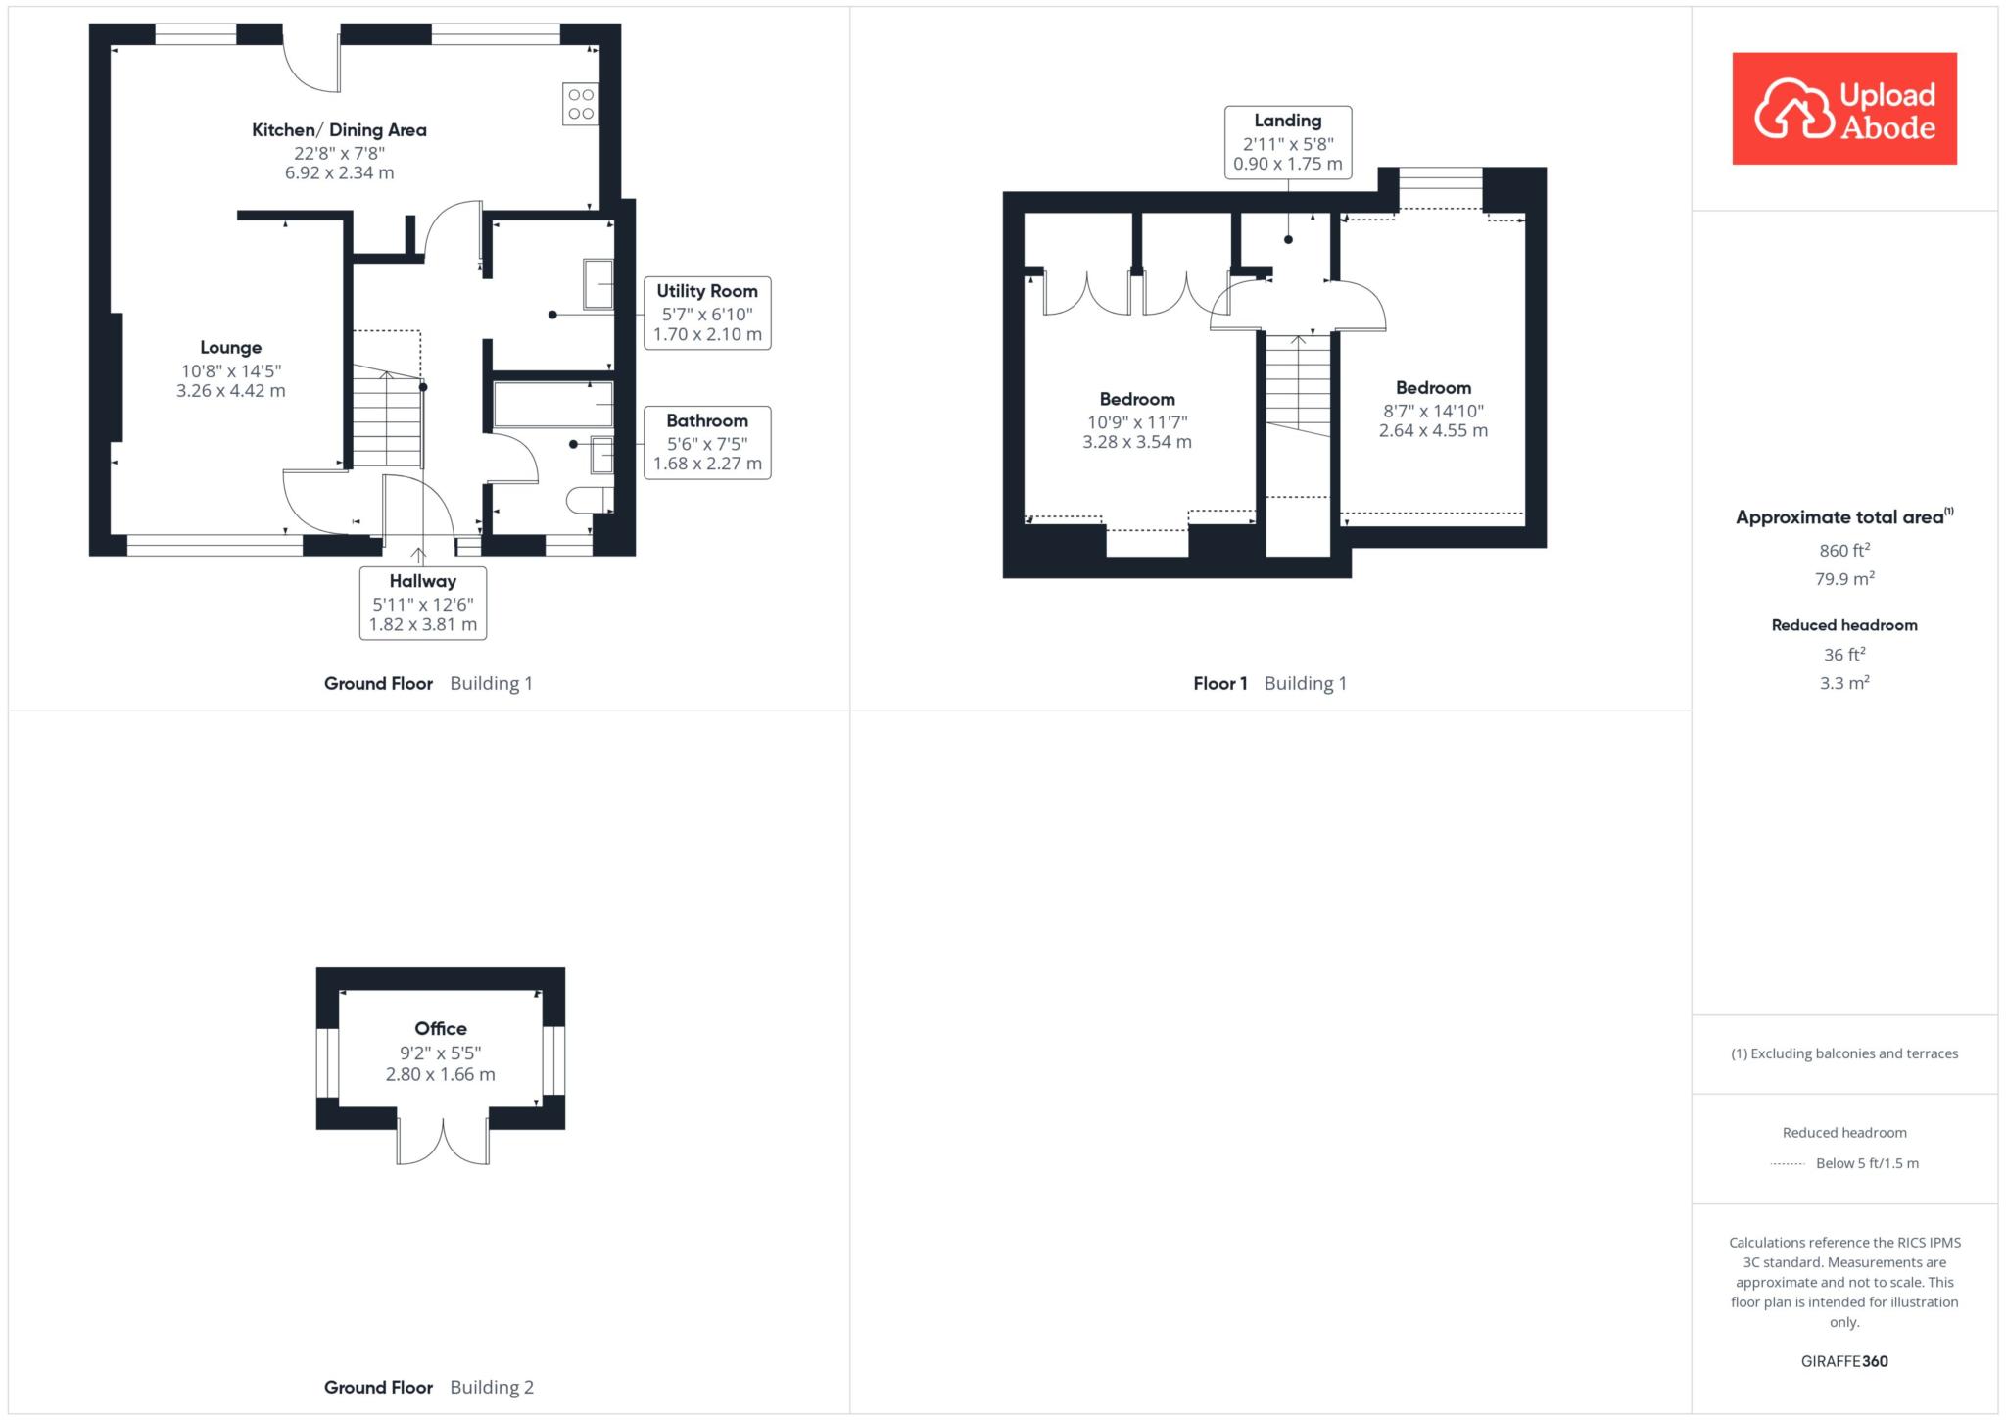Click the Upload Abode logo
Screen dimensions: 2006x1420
point(1844,108)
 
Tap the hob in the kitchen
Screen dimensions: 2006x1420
point(581,104)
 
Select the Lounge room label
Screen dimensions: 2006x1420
point(230,347)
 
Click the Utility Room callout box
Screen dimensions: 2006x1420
point(707,314)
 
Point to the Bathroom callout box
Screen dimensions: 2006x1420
point(707,443)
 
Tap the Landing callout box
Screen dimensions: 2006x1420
point(1288,142)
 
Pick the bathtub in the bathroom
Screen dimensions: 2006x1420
point(553,405)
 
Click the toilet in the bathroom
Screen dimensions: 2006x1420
point(590,500)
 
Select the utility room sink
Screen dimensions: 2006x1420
point(598,284)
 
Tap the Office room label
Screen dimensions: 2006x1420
point(441,1028)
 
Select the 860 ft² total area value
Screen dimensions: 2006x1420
point(1844,550)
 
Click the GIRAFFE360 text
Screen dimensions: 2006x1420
point(1844,1361)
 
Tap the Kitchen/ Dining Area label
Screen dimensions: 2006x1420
point(339,129)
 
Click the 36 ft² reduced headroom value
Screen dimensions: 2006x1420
point(1844,654)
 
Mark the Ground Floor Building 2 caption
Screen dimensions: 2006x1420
point(429,1387)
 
